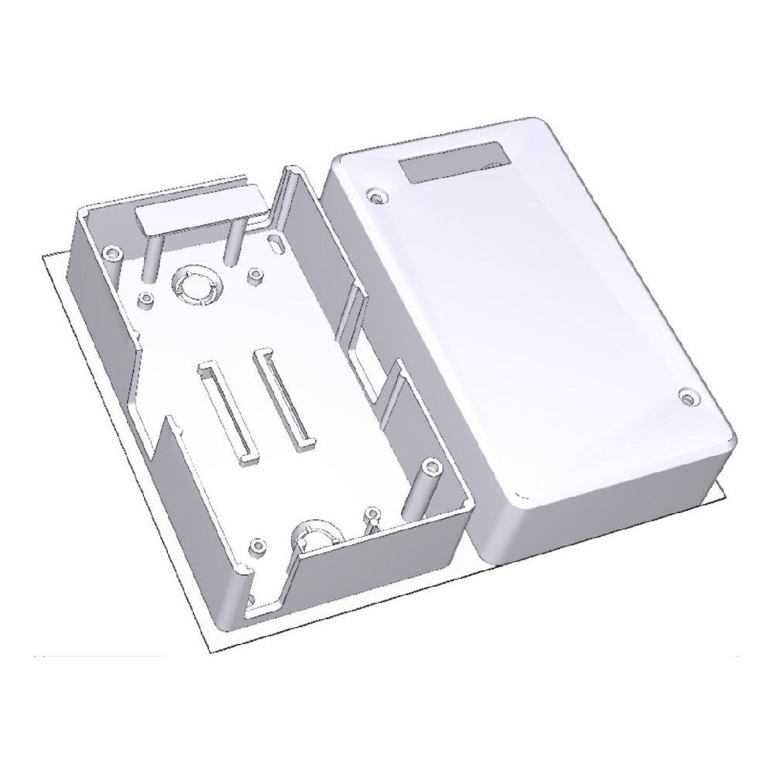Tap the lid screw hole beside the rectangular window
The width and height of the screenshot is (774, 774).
pyautogui.click(x=377, y=197)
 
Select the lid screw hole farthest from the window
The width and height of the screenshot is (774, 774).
pyautogui.click(x=687, y=398)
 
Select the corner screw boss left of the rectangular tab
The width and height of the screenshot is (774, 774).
pyautogui.click(x=113, y=252)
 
